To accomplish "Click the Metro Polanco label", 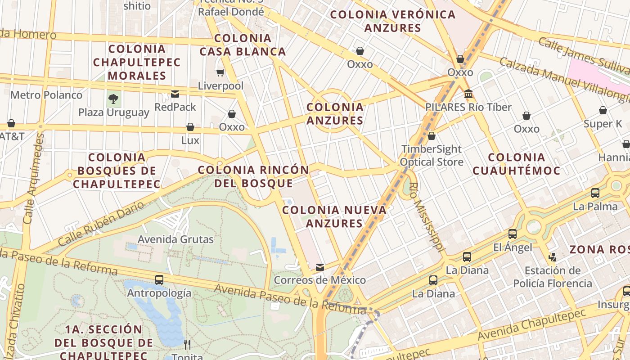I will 46,95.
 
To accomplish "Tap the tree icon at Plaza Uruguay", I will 113,98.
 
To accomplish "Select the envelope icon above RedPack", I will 175,94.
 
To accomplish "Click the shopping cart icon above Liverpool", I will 220,72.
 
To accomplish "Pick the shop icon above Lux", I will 190,127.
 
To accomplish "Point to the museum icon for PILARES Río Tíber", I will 468,94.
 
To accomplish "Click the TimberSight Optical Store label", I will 431,155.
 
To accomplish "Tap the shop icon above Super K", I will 603,110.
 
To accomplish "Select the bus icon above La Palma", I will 595,193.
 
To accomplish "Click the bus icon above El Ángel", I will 513,234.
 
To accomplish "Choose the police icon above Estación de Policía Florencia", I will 552,257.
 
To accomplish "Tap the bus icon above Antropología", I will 159,279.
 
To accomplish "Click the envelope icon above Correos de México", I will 320,267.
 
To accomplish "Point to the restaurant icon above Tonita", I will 187,345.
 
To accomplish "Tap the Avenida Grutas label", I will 175,239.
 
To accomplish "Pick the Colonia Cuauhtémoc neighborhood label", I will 517,164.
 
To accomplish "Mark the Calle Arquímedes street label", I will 34,179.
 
